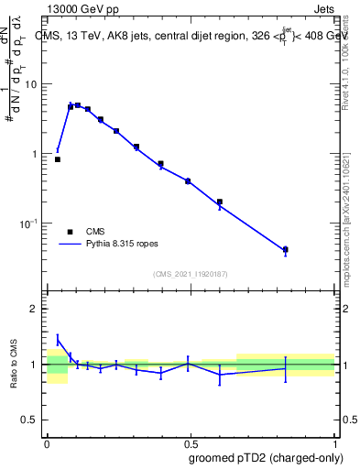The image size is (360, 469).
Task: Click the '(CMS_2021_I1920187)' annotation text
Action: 191,273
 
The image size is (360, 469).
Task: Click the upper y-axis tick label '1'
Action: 36,154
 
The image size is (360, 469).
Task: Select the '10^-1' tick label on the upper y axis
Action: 31,224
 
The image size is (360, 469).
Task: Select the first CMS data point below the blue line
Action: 58,159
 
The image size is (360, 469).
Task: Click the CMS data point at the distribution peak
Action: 78,105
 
